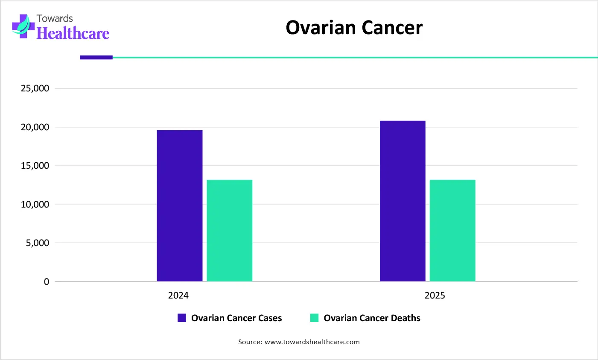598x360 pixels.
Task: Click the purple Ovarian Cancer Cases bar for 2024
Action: tap(179, 205)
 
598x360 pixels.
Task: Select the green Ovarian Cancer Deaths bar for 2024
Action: tap(229, 231)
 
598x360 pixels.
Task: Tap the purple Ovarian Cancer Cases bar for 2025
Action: tap(403, 201)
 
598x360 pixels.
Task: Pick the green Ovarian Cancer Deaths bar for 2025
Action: tap(452, 231)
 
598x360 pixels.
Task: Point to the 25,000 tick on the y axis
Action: tap(35, 88)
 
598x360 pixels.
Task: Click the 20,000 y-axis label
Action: tap(35, 127)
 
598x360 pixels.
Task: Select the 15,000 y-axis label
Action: tap(35, 166)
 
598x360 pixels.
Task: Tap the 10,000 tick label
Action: tap(35, 205)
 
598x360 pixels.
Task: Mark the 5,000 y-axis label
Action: tap(38, 243)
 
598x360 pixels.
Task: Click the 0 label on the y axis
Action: tap(47, 282)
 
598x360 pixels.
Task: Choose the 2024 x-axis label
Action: tap(178, 296)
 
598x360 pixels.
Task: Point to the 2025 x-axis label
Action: tap(435, 296)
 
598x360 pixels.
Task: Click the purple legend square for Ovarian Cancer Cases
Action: tap(182, 318)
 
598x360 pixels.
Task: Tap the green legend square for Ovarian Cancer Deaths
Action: tap(314, 318)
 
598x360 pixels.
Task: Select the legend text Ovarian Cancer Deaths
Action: tap(372, 318)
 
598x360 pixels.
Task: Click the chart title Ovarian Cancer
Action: tap(354, 28)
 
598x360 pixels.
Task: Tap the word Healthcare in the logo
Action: tap(73, 33)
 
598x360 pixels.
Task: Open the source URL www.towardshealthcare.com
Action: tap(312, 342)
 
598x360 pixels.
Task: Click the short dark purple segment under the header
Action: tap(96, 57)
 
